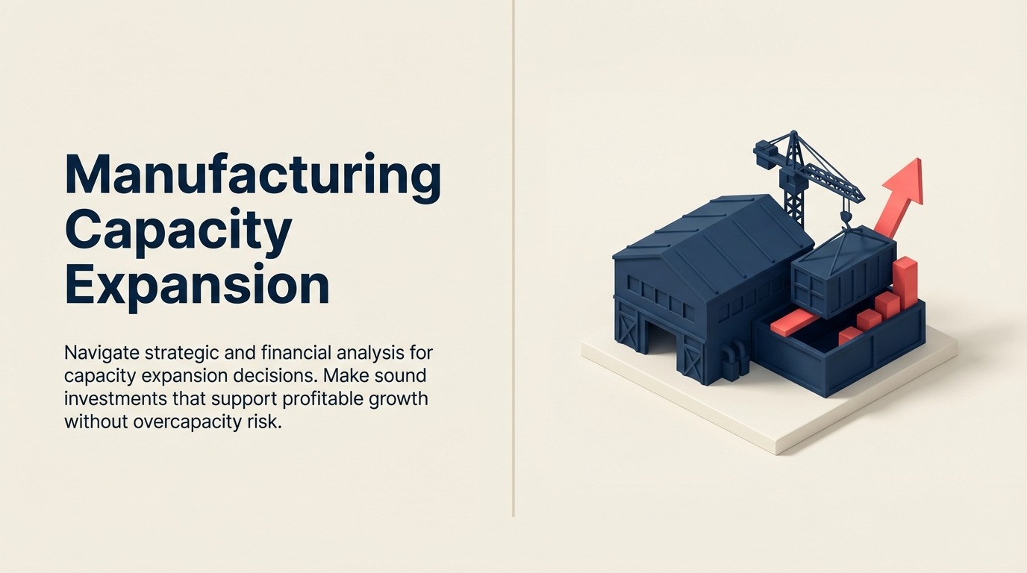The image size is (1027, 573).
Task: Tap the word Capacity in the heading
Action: pyautogui.click(x=178, y=231)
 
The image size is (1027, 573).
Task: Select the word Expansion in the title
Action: pyautogui.click(x=196, y=285)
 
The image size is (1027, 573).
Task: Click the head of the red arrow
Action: pyautogui.click(x=906, y=181)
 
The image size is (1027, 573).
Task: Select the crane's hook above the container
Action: pyautogui.click(x=846, y=217)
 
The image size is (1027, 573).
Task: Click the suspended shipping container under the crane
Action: pyautogui.click(x=843, y=272)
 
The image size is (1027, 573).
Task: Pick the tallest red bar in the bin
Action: pyautogui.click(x=905, y=282)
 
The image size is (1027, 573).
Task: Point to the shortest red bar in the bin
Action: pyautogui.click(x=850, y=336)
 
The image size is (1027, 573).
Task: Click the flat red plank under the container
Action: pyautogui.click(x=791, y=323)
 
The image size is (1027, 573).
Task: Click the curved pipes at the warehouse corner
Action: pyautogui.click(x=735, y=358)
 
